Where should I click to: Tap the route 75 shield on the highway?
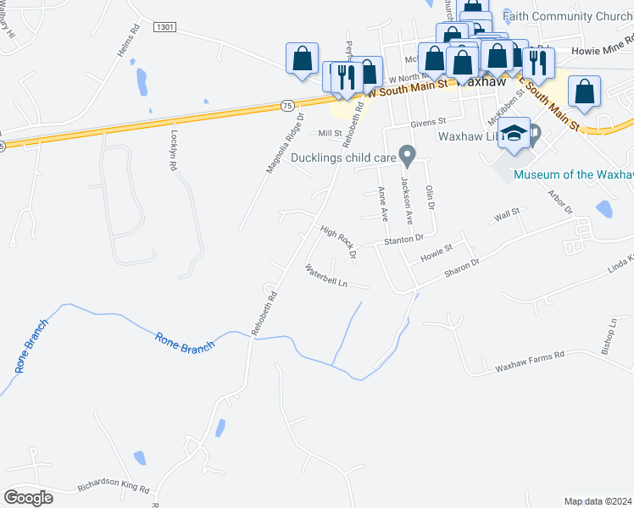[x=288, y=105]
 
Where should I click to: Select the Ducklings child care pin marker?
[x=408, y=157]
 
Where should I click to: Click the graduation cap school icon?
[x=514, y=134]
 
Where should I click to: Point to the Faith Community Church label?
[x=567, y=16]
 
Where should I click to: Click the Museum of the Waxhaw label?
[x=574, y=174]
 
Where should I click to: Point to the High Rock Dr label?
[x=337, y=241]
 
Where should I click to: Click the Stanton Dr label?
[x=403, y=240]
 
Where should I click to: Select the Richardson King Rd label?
[x=114, y=489]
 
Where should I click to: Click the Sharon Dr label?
[x=462, y=268]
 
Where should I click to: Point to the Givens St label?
[x=428, y=123]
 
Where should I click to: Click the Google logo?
[x=28, y=498]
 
